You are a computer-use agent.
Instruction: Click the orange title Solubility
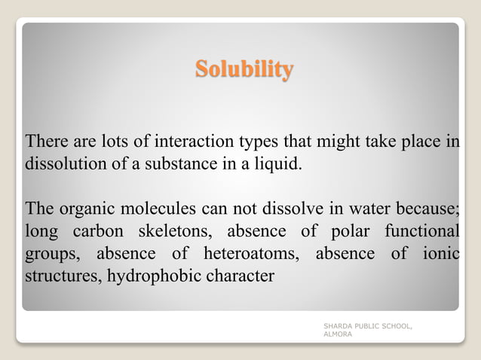[x=244, y=70]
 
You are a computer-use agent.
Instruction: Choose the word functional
[x=423, y=230]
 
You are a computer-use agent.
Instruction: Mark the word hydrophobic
[x=152, y=276]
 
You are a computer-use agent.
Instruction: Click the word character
[x=237, y=276]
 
